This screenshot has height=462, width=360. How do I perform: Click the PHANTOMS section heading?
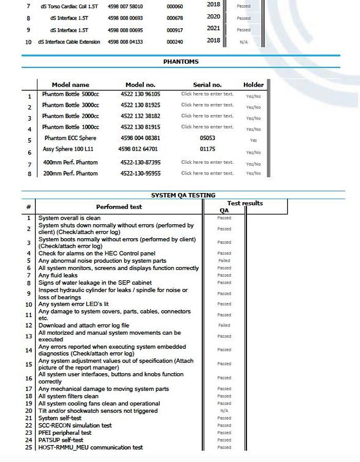point(181,62)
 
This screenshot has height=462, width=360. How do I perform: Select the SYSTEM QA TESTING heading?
point(183,196)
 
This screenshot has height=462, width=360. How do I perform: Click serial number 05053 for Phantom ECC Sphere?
point(207,138)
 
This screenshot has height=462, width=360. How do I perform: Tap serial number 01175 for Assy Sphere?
point(207,149)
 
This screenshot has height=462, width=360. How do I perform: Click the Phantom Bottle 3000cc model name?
point(70,105)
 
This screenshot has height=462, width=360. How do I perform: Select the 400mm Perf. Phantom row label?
point(70,162)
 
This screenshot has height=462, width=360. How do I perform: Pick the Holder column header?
point(253,85)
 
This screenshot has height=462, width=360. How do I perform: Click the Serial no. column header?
point(207,85)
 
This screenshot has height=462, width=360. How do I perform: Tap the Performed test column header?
point(119,207)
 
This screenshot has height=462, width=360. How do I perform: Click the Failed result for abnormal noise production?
point(224,261)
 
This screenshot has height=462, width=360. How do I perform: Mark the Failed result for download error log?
point(224,325)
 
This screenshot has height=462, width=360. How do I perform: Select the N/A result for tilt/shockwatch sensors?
point(224,411)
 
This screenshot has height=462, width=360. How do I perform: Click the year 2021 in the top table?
point(214,29)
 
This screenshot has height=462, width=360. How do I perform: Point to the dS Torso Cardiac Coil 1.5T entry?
point(69,7)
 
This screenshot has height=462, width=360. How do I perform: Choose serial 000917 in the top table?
point(175,30)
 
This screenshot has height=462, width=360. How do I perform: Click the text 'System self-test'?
point(60,418)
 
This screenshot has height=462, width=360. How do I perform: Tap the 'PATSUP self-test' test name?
point(61,440)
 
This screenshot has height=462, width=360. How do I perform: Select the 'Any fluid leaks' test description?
point(58,276)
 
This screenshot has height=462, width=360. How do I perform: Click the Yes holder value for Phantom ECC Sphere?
point(253,140)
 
